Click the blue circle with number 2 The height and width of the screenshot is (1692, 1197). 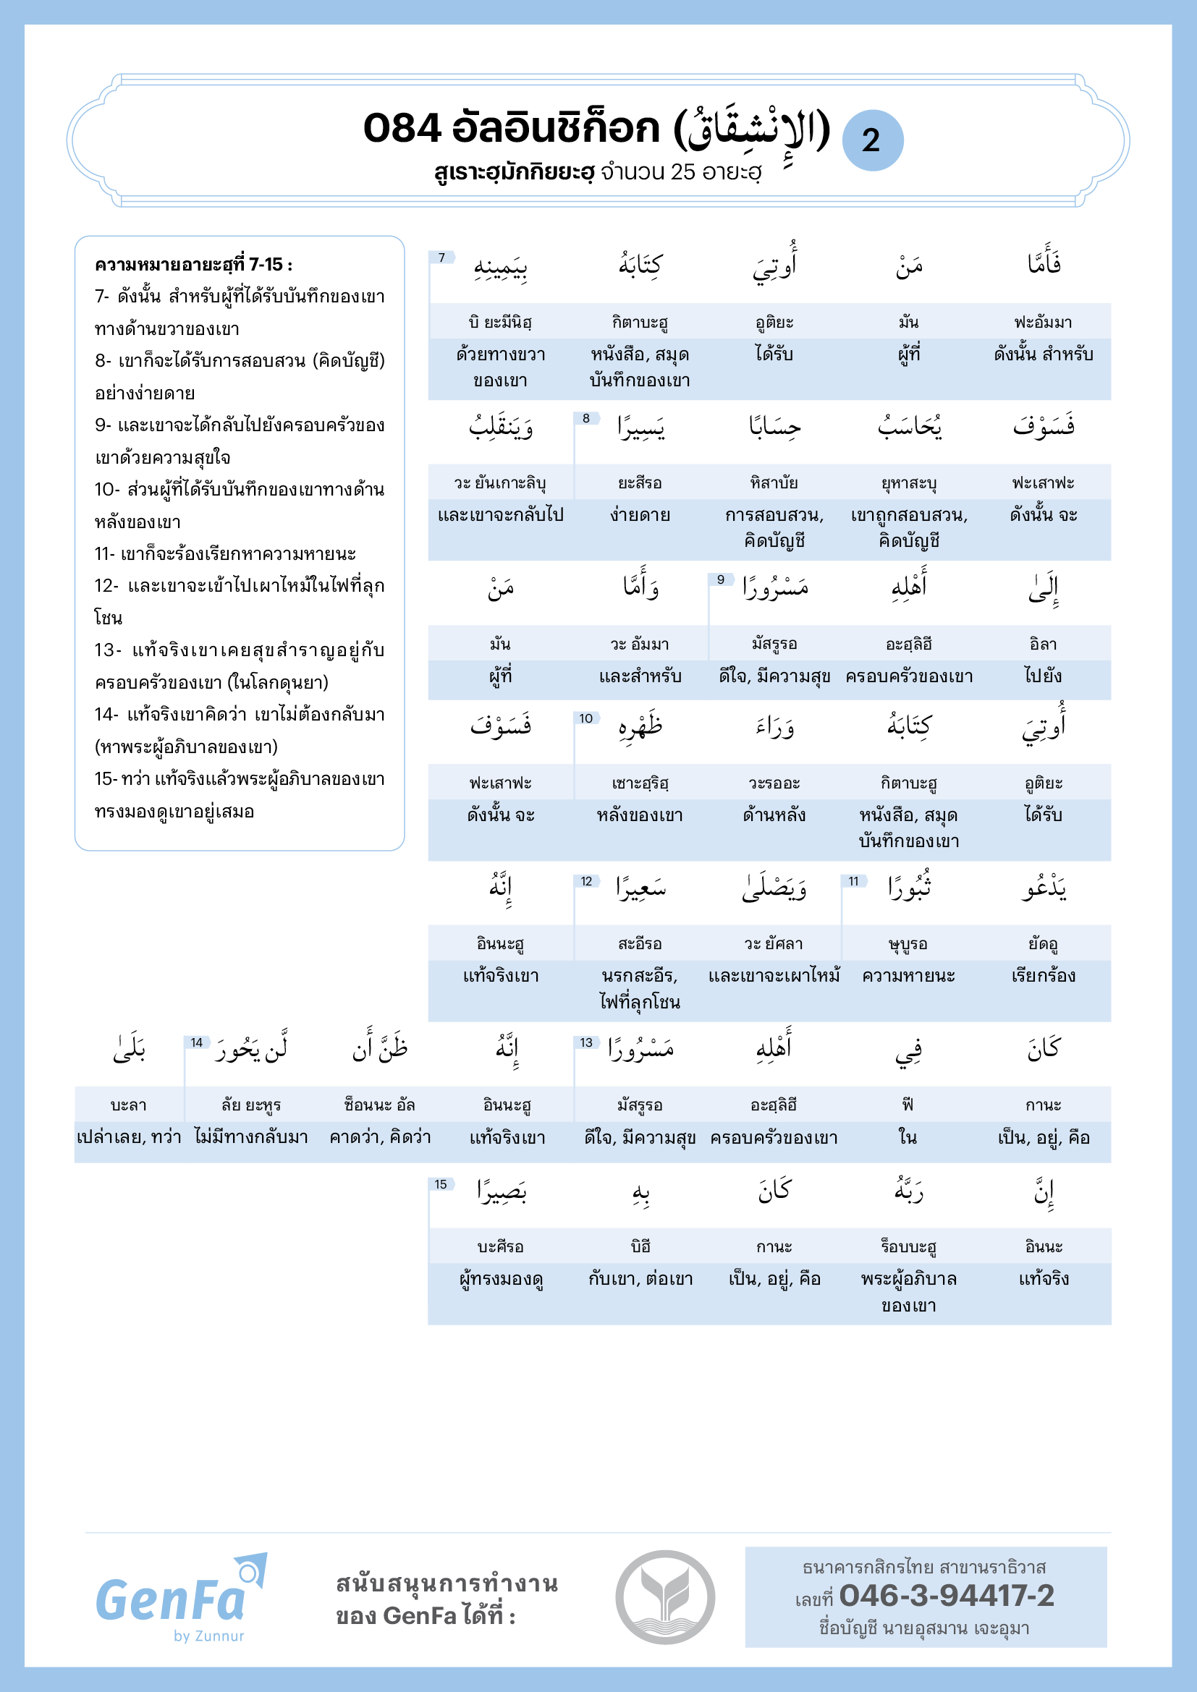coord(872,140)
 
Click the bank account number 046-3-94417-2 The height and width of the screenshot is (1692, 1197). coord(947,1596)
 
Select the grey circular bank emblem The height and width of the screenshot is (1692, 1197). coord(665,1597)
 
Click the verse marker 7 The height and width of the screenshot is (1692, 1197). coord(441,258)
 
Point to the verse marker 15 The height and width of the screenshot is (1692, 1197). coord(441,1184)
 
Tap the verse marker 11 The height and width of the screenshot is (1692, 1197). coord(853,880)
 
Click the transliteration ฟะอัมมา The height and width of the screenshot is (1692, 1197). coord(1043,322)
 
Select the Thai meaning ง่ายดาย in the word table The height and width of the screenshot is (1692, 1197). coord(640,515)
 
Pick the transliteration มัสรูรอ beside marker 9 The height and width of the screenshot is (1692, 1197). coord(774,644)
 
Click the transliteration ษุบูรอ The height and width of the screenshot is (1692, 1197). coord(908,944)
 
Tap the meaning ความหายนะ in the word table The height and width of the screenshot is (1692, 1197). coord(908,976)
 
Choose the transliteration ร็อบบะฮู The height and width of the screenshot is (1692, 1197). coord(908,1247)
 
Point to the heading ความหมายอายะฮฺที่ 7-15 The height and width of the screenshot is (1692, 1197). coord(193,265)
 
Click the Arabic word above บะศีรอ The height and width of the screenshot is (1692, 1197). coord(502,1191)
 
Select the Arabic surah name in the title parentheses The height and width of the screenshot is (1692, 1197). coord(752,130)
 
